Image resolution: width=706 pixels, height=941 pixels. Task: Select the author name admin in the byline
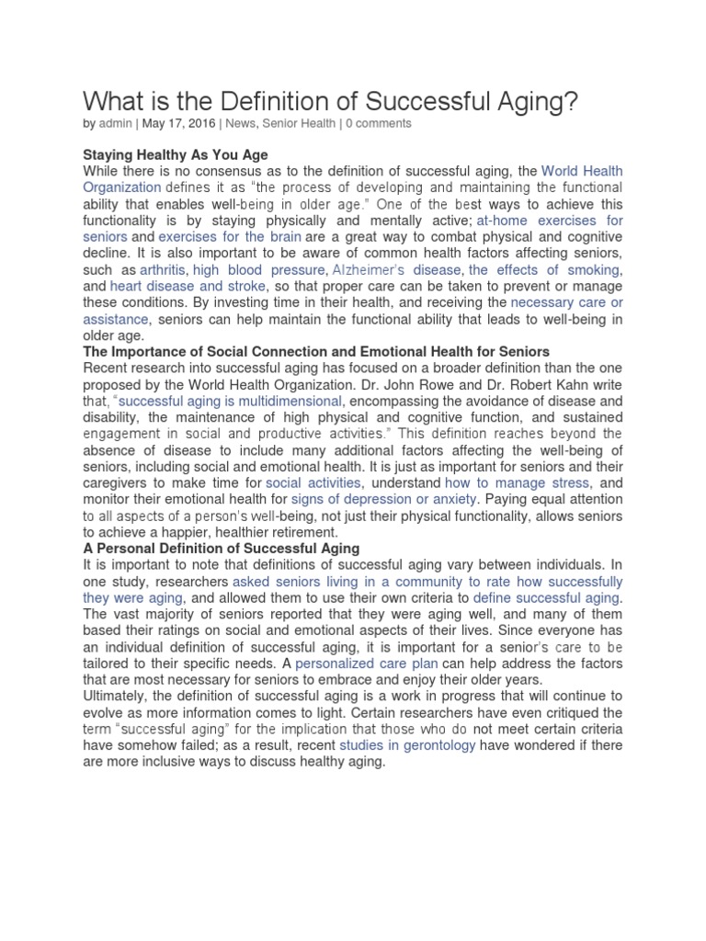click(x=115, y=123)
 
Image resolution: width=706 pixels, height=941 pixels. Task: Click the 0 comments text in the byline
click(x=379, y=123)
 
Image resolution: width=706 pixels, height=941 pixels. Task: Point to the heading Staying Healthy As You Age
click(x=176, y=154)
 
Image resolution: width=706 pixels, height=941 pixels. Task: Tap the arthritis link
click(x=162, y=270)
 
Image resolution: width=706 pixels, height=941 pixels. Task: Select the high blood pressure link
click(x=258, y=270)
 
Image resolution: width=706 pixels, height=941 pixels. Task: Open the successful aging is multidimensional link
click(x=231, y=402)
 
